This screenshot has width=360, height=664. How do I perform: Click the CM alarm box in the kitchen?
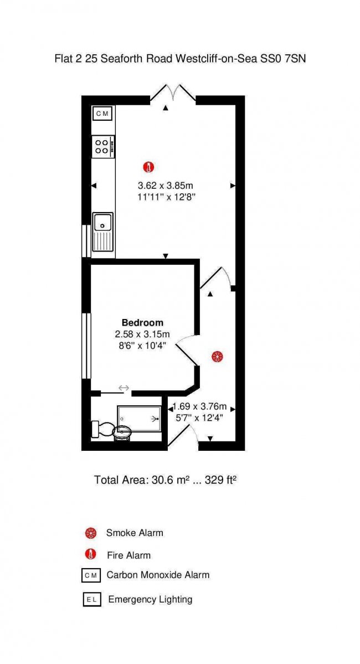(103, 113)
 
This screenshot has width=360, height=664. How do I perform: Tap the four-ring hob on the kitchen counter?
(103, 147)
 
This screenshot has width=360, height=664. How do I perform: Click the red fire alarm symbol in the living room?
(148, 168)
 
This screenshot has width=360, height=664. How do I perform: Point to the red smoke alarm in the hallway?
(217, 357)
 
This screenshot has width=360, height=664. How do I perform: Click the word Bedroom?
(143, 323)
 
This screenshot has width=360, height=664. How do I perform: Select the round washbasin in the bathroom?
(122, 433)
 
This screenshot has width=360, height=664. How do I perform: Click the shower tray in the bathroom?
(140, 418)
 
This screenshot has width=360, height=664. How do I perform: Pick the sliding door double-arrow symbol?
(124, 388)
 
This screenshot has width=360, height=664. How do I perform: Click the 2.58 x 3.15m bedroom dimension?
(142, 334)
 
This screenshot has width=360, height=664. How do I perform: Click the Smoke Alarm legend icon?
(90, 533)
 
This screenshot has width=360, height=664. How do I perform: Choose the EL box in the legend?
(91, 600)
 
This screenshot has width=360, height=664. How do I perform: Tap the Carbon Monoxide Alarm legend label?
(158, 575)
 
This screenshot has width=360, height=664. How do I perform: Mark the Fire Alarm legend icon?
(90, 554)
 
